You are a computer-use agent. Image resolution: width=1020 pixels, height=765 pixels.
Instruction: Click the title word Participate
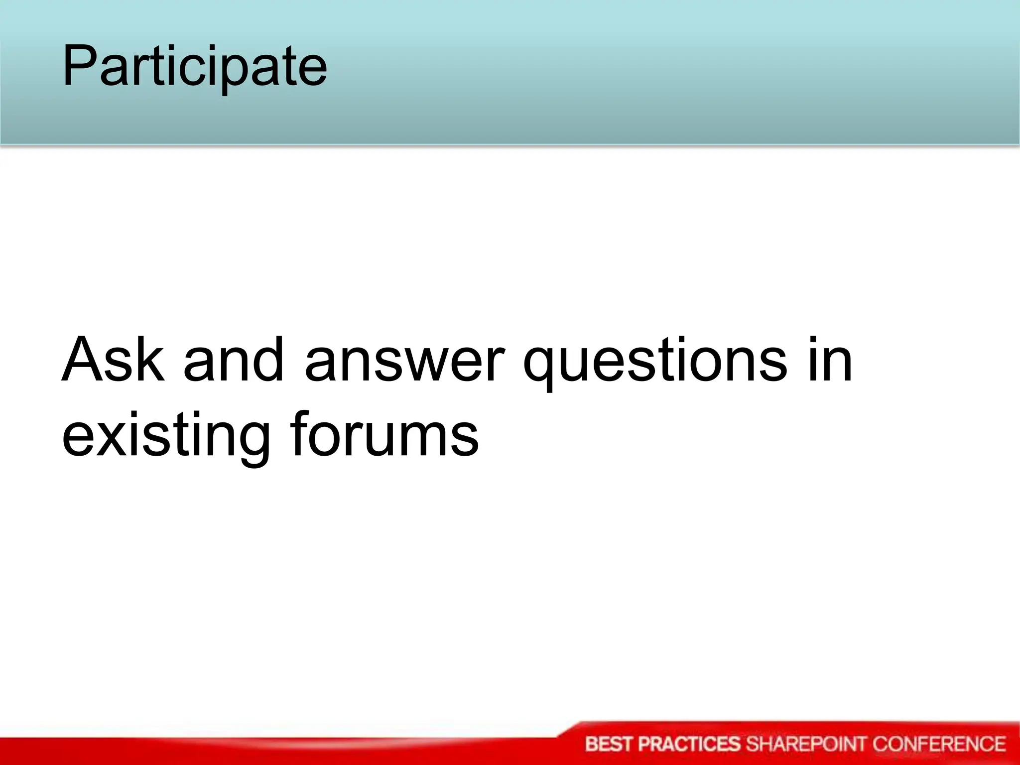point(194,66)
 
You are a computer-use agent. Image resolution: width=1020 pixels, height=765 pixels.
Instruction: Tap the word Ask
point(113,360)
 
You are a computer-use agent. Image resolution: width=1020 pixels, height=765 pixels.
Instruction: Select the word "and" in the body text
point(234,360)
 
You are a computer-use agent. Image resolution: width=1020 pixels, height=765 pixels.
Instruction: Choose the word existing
point(166,434)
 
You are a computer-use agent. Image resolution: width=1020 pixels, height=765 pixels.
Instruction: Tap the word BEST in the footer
point(609,744)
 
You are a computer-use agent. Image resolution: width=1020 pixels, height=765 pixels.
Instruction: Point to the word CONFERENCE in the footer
point(939,744)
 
